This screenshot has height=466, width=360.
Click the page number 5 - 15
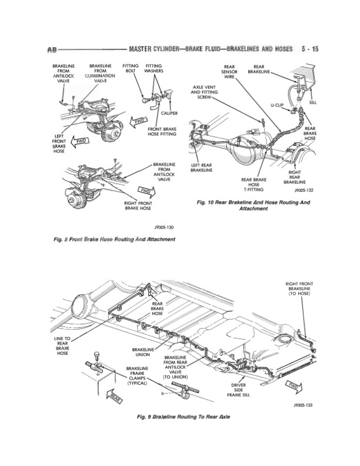[x=308, y=49]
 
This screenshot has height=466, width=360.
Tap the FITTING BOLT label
[x=131, y=68]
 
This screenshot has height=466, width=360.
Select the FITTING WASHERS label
[x=154, y=68]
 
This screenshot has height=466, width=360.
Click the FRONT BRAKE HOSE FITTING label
[x=163, y=131]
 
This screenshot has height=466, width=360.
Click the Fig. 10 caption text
[x=254, y=205]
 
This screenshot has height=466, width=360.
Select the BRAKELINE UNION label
[x=144, y=351]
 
